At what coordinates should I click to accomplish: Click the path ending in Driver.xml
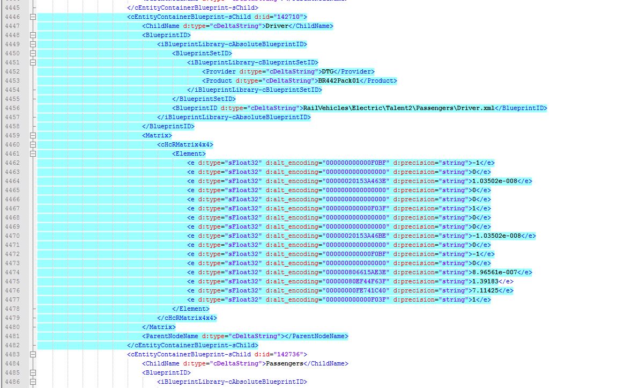pos(398,108)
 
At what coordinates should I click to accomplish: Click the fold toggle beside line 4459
pos(33,135)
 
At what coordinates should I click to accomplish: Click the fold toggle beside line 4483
pos(33,354)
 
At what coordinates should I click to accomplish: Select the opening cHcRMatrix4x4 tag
pos(185,144)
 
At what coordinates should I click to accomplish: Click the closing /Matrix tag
pos(159,327)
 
